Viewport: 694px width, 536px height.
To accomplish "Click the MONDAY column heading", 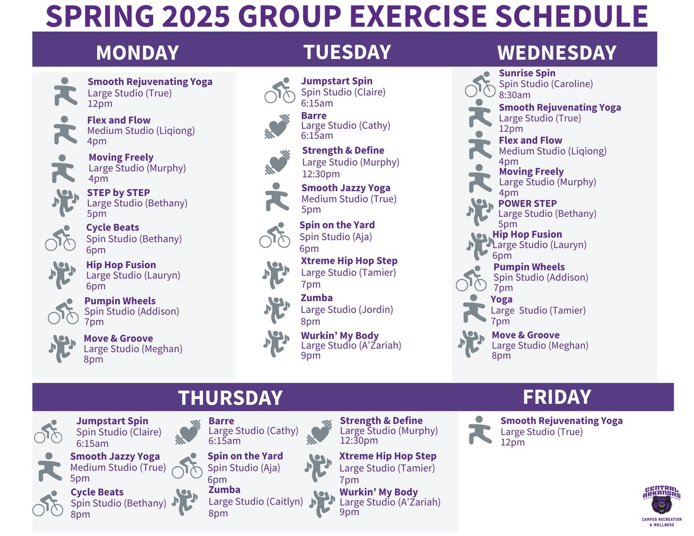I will pyautogui.click(x=137, y=53).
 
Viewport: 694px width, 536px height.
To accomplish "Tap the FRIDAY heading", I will pyautogui.click(x=556, y=397).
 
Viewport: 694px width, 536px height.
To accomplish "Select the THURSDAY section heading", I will pyautogui.click(x=230, y=398).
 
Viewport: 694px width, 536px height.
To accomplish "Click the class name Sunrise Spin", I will pyautogui.click(x=527, y=73).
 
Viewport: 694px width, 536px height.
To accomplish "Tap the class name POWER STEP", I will pyautogui.click(x=527, y=204).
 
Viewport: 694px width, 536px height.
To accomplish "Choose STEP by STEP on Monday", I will pyautogui.click(x=118, y=193).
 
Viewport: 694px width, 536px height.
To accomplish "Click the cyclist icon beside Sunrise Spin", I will pyautogui.click(x=480, y=84).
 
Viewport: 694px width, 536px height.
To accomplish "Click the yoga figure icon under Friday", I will pyautogui.click(x=480, y=430).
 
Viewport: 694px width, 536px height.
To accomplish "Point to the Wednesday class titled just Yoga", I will pyautogui.click(x=501, y=300).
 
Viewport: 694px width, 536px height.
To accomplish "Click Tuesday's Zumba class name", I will pyautogui.click(x=316, y=298).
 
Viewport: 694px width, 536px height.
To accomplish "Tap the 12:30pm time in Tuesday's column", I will pyautogui.click(x=321, y=174).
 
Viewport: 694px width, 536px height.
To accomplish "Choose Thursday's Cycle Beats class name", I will pyautogui.click(x=97, y=493).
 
